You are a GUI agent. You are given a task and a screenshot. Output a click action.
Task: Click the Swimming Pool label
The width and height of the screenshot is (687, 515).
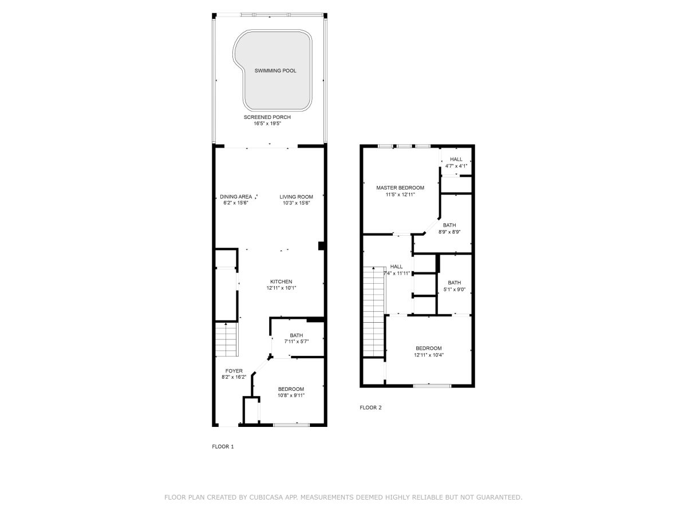275,70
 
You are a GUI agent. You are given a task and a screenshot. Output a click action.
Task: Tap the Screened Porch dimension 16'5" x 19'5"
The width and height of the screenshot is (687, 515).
267,124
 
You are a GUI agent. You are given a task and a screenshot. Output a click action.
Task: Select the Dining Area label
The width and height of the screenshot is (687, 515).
236,197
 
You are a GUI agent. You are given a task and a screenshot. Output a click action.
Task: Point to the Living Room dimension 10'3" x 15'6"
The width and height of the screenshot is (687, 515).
296,203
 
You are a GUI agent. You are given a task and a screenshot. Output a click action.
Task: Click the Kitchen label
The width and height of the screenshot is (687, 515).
281,282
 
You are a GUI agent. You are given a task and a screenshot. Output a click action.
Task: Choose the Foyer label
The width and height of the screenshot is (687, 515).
234,371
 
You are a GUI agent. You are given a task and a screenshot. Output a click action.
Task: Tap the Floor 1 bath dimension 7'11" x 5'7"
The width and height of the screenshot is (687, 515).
296,342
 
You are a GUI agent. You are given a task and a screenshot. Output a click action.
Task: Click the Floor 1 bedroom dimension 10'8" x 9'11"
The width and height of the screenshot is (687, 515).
291,395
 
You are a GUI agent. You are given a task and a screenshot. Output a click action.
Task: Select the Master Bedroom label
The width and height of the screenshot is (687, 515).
400,188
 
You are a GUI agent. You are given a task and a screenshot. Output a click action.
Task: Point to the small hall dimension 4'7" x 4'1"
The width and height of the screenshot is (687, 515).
456,166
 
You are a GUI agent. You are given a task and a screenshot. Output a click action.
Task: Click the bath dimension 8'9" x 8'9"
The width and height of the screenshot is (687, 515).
449,232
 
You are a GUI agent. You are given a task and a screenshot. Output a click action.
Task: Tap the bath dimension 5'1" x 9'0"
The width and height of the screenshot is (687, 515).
454,290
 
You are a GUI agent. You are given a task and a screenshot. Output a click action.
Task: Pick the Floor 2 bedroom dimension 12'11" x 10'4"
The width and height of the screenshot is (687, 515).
428,355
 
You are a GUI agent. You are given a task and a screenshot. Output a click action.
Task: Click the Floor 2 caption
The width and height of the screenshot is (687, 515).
370,408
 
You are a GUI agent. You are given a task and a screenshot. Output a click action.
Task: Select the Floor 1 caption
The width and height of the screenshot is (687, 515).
223,447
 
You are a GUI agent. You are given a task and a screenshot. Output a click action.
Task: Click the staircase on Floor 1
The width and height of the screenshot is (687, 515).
227,339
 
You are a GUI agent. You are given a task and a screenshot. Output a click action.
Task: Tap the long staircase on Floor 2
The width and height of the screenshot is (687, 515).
373,312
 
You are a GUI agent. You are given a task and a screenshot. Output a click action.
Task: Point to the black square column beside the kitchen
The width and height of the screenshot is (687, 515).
321,246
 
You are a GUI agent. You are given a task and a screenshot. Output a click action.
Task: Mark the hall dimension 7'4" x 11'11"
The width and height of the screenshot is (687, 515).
397,274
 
